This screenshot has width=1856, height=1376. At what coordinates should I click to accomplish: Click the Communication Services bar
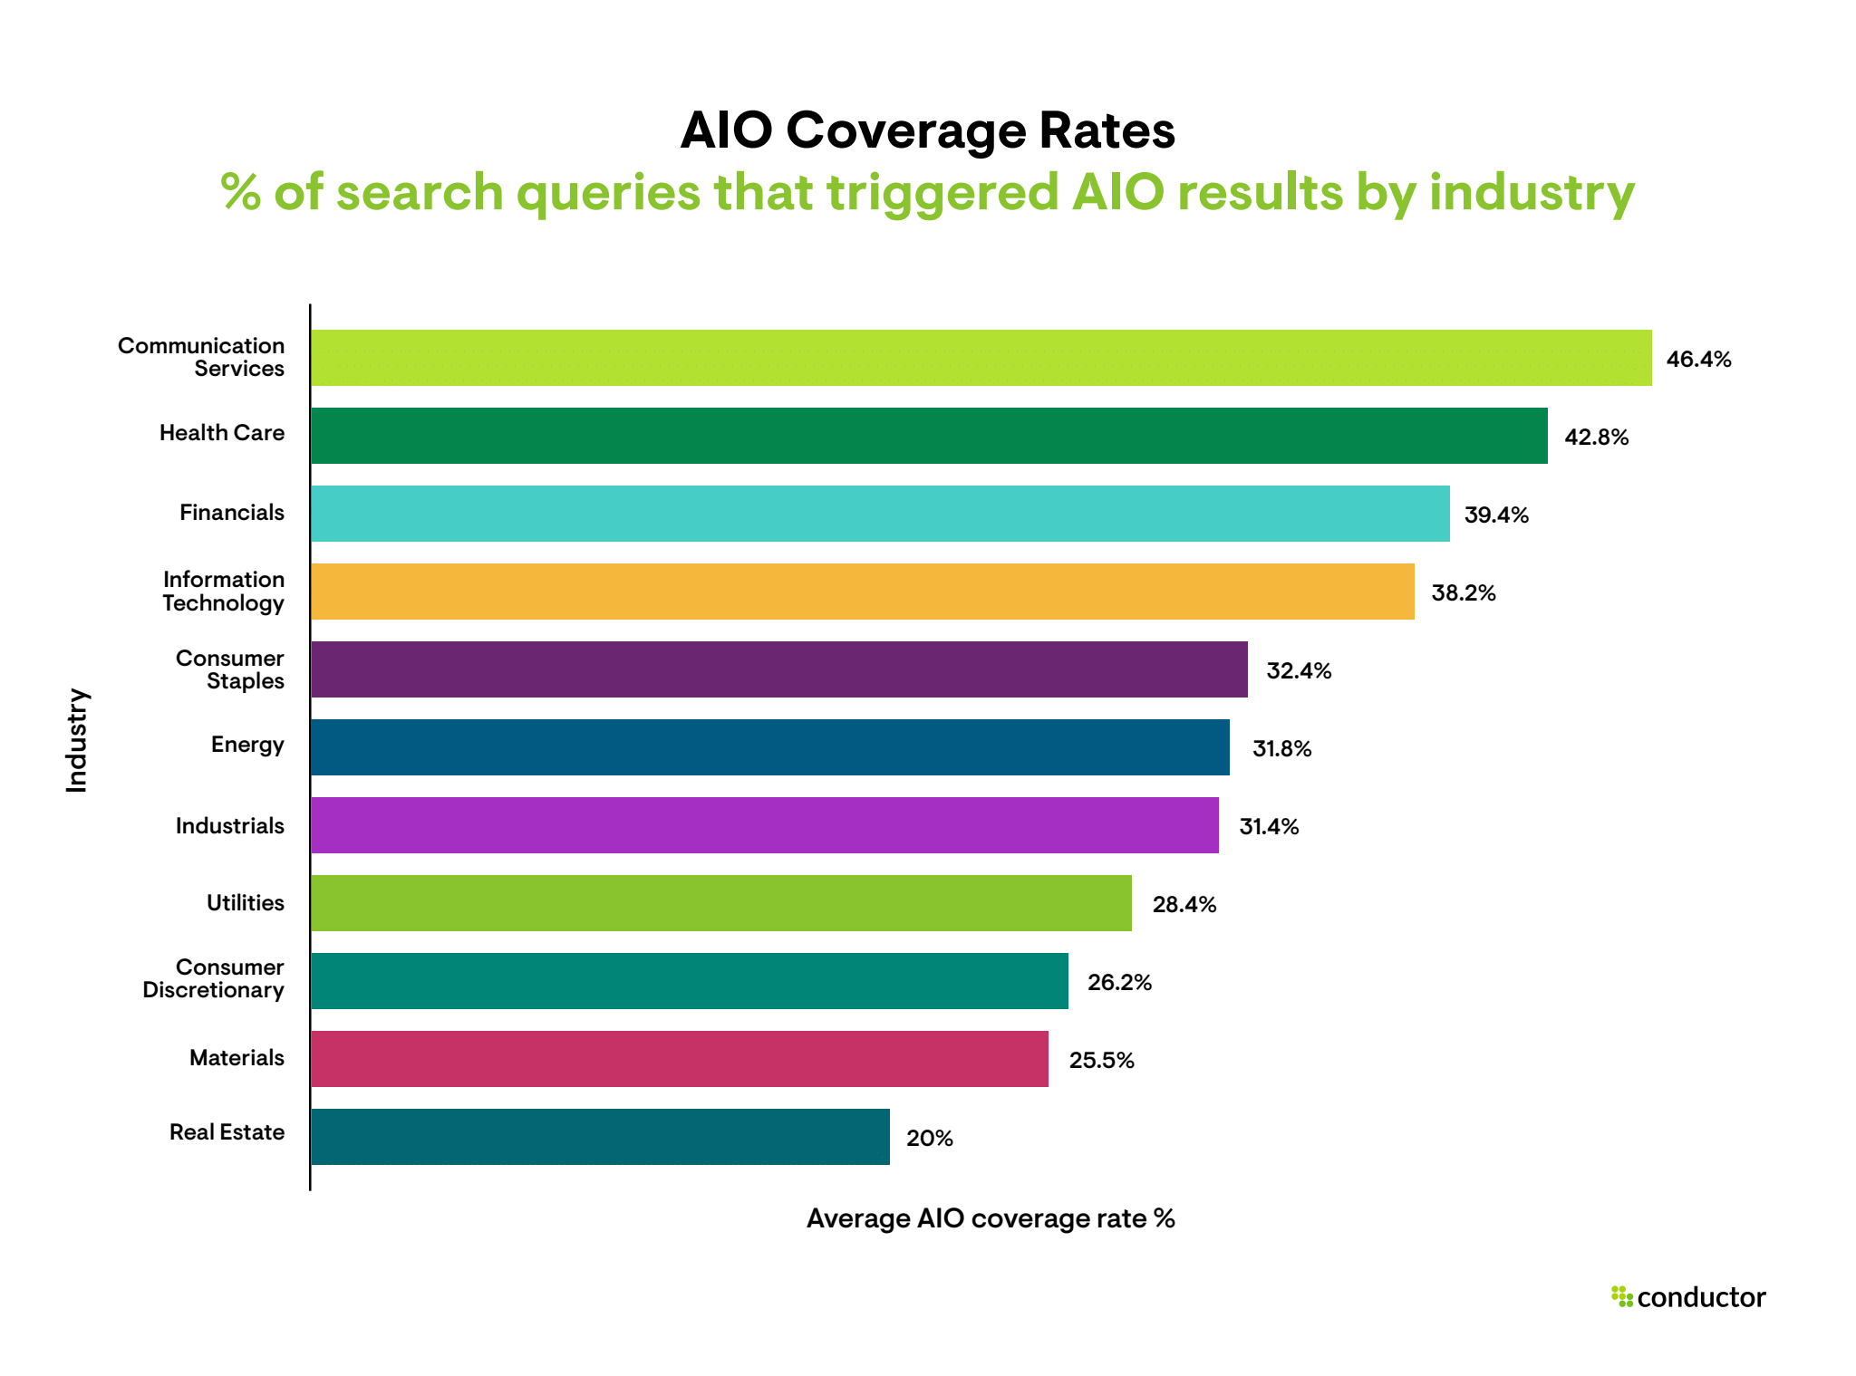[981, 358]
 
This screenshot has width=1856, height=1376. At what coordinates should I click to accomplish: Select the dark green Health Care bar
[929, 436]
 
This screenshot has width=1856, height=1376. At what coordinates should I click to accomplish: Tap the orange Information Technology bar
[862, 592]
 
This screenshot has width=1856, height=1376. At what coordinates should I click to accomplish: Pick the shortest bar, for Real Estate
[600, 1137]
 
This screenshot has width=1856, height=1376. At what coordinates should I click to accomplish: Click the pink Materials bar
[679, 1059]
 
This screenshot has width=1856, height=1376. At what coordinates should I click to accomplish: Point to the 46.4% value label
[1698, 360]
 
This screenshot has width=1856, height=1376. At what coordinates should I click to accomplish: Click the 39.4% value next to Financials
[1496, 515]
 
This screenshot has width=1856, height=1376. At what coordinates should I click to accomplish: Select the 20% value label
[929, 1139]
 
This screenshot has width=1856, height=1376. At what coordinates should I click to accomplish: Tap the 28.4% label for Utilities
[1184, 905]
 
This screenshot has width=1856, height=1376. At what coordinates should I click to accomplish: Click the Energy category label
[247, 745]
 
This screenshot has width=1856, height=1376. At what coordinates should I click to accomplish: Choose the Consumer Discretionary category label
[214, 978]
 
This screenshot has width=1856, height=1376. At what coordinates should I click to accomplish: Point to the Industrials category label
[230, 826]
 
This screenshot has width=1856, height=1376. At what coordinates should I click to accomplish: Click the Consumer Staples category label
[230, 669]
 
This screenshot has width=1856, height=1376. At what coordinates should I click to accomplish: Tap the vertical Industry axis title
[77, 741]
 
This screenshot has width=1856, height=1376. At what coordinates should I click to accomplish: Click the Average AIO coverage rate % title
[991, 1218]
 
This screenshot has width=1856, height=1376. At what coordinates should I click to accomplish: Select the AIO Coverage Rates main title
[927, 130]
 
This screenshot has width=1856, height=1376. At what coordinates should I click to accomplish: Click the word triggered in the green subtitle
[942, 193]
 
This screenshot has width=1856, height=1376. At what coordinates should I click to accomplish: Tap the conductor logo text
[1701, 1297]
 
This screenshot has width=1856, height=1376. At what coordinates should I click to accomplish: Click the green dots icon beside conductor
[1621, 1296]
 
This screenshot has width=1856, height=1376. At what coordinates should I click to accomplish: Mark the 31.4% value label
[1269, 827]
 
